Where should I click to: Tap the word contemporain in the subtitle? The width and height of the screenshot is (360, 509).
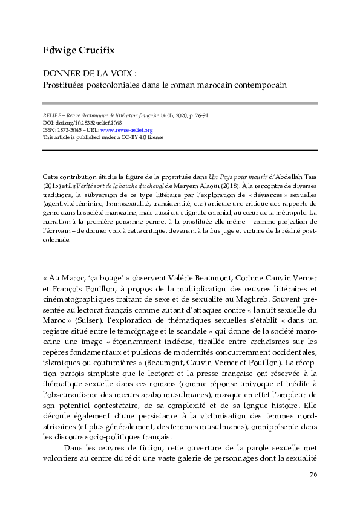point(258,85)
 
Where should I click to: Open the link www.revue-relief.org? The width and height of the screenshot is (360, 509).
point(126,129)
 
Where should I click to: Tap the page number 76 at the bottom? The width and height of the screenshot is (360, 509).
point(313,475)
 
